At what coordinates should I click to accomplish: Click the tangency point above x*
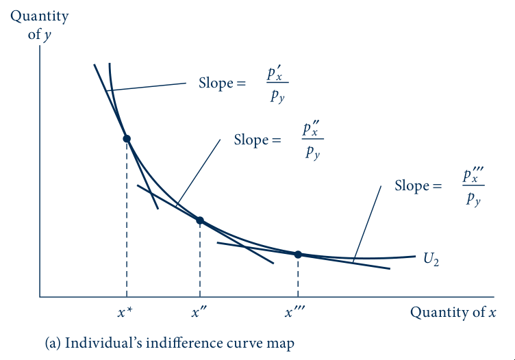click(x=127, y=139)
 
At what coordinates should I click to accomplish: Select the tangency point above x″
click(x=200, y=220)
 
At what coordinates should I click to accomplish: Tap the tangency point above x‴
click(x=298, y=255)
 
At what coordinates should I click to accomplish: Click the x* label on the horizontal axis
click(x=125, y=312)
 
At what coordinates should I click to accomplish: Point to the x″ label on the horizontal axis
click(x=199, y=312)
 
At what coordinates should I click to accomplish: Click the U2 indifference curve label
click(x=431, y=259)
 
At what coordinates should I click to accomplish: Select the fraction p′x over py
click(x=277, y=84)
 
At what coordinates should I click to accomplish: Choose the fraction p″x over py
click(x=312, y=140)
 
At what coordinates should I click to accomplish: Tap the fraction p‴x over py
click(x=473, y=186)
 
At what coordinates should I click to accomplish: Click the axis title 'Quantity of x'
click(x=453, y=312)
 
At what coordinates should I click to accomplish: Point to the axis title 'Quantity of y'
click(x=40, y=25)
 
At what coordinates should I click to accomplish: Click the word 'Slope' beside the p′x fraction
click(x=216, y=83)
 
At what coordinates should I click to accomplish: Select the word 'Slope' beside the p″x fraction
click(x=251, y=140)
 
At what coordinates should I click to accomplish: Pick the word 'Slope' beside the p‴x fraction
click(x=412, y=185)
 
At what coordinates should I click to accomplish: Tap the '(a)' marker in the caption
click(x=53, y=344)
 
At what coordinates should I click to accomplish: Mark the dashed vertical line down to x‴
click(x=298, y=276)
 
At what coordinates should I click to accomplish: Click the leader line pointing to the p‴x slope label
click(x=367, y=224)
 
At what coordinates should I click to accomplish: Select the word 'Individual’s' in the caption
click(x=103, y=343)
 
